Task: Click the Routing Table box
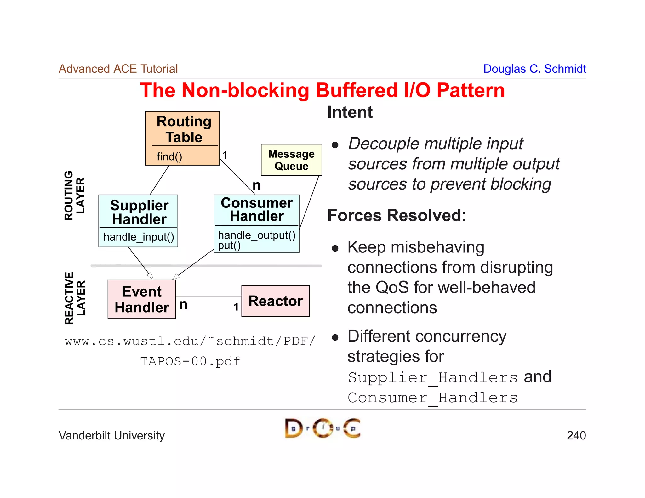(182, 130)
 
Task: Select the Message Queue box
(291, 160)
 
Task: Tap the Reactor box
(275, 301)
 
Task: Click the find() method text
(169, 156)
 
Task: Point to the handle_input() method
(139, 237)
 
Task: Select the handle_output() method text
(257, 235)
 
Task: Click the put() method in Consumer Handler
(229, 246)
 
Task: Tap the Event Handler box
(142, 299)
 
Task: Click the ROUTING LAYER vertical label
(74, 195)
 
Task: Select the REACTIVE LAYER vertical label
(75, 298)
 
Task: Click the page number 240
(576, 435)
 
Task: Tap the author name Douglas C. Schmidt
(534, 69)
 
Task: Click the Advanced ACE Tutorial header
(118, 69)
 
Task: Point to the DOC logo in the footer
(322, 428)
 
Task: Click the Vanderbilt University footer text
(111, 435)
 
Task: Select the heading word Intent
(350, 112)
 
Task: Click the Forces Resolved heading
(396, 215)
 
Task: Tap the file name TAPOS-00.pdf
(190, 361)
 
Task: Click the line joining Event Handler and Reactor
(208, 296)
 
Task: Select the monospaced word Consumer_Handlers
(433, 398)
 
